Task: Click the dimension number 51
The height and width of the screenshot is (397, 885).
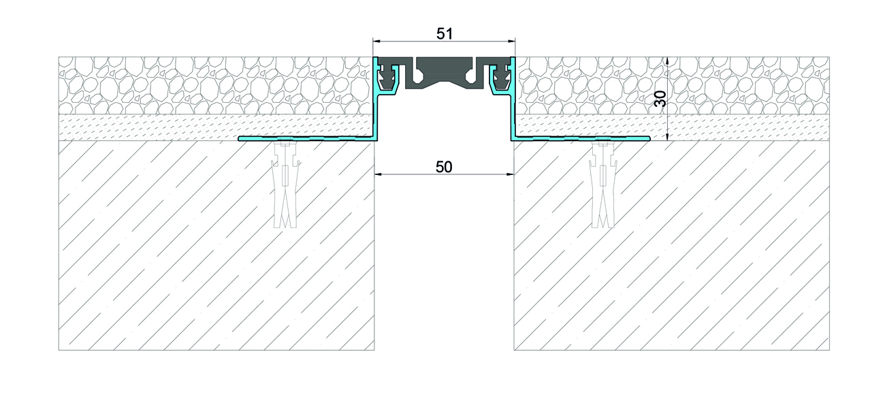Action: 445,34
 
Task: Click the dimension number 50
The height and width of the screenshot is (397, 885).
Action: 444,167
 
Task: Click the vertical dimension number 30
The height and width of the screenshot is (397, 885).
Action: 660,99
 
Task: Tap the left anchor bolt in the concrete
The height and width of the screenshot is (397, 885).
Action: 285,185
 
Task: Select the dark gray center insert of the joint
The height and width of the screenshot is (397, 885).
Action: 445,73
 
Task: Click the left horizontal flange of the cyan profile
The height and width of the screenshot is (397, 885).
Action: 307,138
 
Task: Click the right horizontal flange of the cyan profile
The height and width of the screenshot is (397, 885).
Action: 581,138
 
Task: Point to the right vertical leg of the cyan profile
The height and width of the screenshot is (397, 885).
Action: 513,99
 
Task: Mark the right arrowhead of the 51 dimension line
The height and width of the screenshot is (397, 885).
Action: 512,41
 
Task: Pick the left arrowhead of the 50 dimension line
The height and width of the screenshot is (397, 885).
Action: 379,174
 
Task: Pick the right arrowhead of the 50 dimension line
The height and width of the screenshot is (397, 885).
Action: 510,174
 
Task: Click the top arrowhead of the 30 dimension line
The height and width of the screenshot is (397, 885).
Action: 667,61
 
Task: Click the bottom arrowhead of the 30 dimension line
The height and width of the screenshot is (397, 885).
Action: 667,136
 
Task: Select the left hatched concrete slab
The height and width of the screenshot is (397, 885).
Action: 216,245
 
